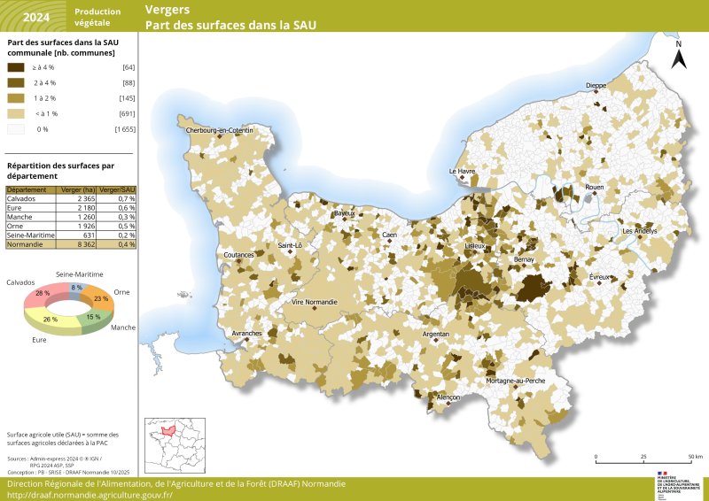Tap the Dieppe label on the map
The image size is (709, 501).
click(596, 86)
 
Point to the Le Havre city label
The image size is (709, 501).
click(462, 171)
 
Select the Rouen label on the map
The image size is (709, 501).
click(594, 188)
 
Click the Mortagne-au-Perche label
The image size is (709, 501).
click(515, 380)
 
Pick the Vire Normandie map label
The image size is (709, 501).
click(315, 302)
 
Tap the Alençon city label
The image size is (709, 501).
click(448, 397)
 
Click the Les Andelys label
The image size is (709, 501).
click(640, 231)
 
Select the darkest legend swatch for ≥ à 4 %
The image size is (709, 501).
click(17, 67)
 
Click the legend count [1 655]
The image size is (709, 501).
click(124, 129)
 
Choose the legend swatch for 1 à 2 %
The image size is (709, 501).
click(17, 98)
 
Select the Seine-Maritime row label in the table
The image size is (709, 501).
click(31, 235)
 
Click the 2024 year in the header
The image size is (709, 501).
click(36, 17)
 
